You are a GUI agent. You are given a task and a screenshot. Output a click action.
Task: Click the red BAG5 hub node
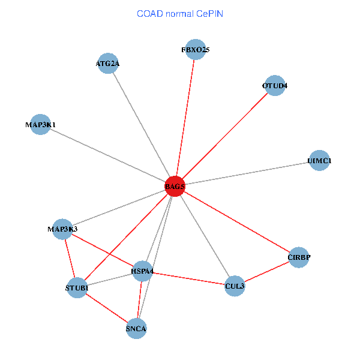[175, 187]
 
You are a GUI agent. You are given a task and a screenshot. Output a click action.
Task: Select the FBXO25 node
[196, 49]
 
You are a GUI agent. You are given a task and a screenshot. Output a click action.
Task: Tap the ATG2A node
[108, 63]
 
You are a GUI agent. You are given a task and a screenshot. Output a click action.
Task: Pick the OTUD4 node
[274, 85]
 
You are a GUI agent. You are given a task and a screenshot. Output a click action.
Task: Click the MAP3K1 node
[40, 124]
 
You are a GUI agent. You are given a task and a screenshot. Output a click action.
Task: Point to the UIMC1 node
[319, 160]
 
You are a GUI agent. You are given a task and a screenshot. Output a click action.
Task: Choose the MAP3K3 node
[62, 229]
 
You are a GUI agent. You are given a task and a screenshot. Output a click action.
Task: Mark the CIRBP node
[299, 257]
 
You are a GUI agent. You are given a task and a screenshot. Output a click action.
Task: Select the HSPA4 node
[143, 271]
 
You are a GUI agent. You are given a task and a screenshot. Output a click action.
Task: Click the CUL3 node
[235, 286]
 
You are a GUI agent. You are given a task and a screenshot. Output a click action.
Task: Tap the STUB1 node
[77, 288]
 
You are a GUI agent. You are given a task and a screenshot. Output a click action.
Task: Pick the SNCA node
[136, 328]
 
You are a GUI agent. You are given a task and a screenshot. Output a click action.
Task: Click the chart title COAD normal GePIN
[180, 13]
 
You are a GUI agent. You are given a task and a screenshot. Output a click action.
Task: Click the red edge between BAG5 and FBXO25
[185, 118]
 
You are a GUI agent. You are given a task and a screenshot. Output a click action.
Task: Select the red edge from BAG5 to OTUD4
[224, 136]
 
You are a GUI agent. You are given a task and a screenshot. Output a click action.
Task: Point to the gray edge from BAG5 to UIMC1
[247, 173]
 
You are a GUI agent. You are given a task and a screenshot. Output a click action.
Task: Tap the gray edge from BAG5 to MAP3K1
[107, 155]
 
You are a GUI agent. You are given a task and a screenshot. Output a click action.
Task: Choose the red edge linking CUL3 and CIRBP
[266, 272]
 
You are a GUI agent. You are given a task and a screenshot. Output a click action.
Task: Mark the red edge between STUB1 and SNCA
[106, 308]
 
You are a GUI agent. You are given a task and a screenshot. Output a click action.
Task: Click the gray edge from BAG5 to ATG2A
[141, 125]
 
